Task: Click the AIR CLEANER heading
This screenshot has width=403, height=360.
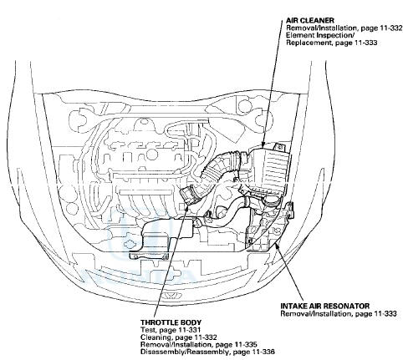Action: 310,20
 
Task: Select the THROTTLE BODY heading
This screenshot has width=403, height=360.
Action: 171,322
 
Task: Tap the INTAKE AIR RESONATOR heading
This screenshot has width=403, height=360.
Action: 325,306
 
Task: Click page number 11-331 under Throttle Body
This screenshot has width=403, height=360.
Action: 191,330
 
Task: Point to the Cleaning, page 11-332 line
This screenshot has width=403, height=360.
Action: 179,337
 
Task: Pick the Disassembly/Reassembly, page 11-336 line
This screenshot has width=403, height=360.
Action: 207,352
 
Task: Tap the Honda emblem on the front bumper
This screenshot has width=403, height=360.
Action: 171,296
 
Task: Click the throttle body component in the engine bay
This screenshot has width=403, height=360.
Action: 188,195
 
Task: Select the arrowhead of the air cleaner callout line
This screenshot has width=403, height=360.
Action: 263,145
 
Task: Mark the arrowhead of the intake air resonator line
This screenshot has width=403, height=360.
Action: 276,245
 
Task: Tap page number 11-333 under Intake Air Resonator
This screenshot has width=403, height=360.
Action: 385,313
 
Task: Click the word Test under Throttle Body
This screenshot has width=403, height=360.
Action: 146,330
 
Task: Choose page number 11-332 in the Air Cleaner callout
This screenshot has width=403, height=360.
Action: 392,28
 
